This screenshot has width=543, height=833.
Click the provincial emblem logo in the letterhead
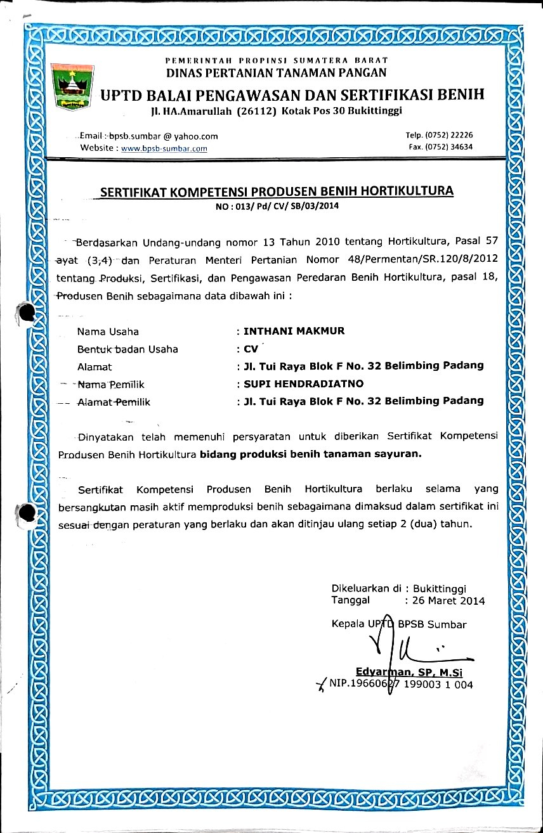click(x=71, y=86)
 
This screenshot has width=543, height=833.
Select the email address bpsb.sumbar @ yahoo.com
click(x=164, y=136)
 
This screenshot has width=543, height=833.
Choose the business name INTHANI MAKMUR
click(x=294, y=331)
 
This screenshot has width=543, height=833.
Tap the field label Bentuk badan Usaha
click(x=128, y=349)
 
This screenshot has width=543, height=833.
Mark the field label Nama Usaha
click(x=108, y=331)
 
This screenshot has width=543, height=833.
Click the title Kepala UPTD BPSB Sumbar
click(x=399, y=624)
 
